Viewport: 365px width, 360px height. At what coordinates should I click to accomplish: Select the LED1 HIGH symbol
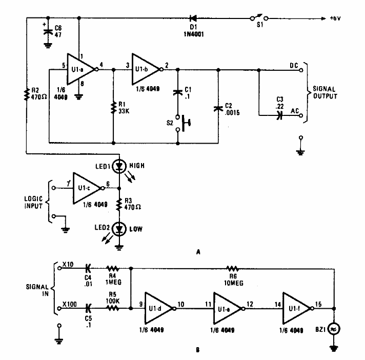[119, 166]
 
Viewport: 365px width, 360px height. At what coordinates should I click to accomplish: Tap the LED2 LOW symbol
[119, 229]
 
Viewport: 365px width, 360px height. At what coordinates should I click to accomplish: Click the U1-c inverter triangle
[87, 188]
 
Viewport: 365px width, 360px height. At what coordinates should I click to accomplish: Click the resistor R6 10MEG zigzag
[233, 268]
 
